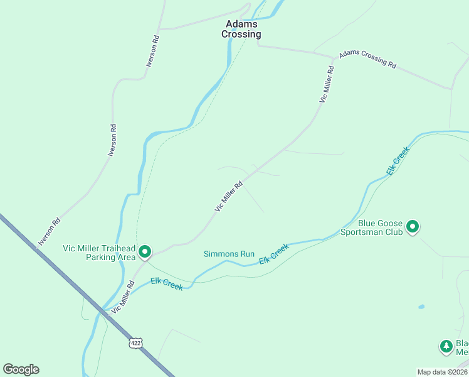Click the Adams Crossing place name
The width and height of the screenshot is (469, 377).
coord(241,30)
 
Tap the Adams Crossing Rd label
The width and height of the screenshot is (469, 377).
coord(368,60)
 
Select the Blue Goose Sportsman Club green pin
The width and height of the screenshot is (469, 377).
coord(413,226)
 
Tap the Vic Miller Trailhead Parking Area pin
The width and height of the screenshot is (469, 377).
coord(145,252)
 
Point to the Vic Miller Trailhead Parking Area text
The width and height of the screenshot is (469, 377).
coord(99,253)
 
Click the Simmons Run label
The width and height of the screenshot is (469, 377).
coord(229,254)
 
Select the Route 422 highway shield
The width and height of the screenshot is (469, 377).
coord(137,342)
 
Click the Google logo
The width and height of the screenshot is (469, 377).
coord(21,369)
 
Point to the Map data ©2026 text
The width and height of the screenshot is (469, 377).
coord(442,372)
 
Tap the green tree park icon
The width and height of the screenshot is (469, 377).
coord(446,346)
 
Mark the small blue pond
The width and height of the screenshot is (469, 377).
coord(421,307)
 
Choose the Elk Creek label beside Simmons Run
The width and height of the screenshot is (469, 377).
coord(274,253)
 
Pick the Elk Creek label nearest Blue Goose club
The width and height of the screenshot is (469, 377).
coord(398,161)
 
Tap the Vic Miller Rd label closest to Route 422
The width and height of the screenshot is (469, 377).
coord(123,297)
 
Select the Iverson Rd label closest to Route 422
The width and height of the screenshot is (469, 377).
coord(50,231)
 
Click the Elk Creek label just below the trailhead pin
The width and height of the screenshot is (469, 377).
coord(167,284)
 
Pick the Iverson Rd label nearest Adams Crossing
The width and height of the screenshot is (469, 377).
coord(152,51)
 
